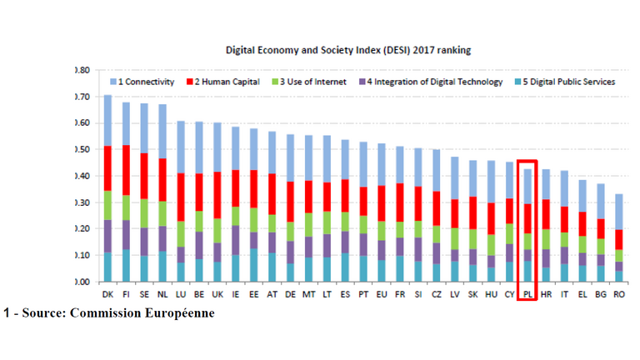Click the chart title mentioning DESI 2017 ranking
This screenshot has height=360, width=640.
pos(348,50)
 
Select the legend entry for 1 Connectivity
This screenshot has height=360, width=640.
pos(146,82)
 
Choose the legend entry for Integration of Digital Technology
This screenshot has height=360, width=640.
pos(433,82)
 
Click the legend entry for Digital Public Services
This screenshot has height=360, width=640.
pos(571,82)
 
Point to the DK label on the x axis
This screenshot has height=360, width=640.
pos(107,293)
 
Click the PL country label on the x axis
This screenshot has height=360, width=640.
pos(527,293)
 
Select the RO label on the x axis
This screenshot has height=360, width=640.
pos(618,293)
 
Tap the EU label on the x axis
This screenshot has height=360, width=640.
pos(381,293)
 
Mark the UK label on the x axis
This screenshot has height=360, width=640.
pos(217,293)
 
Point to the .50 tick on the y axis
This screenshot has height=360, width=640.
pos(82,149)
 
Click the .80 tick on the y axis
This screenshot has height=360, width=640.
pos(82,70)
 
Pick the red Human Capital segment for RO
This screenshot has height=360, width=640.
pos(618,239)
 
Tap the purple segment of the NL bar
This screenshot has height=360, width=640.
pos(162,238)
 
